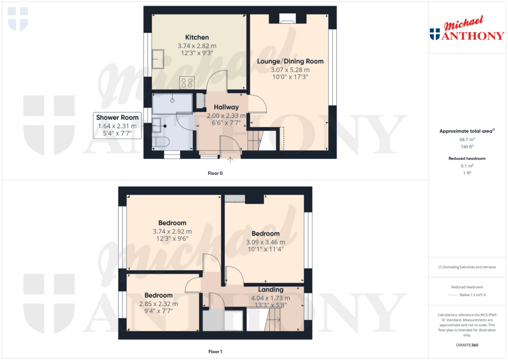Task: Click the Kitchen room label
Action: (197, 37)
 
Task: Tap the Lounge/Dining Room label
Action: (290, 61)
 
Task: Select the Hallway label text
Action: (226, 107)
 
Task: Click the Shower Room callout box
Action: (117, 126)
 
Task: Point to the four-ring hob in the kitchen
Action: (187, 82)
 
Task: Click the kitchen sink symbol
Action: (158, 59)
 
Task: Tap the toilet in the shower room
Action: (161, 142)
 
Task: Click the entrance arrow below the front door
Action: (230, 159)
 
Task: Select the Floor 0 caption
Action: (215, 173)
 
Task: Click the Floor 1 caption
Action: (215, 352)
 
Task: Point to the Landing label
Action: (270, 289)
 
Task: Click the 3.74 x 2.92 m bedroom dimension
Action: (172, 231)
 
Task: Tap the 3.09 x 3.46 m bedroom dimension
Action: (266, 242)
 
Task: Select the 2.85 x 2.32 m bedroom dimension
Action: (158, 304)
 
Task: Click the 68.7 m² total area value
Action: (467, 140)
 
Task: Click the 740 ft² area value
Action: (467, 146)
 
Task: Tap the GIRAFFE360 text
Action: (467, 345)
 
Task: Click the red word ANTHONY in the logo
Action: (473, 35)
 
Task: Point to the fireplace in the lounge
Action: (287, 18)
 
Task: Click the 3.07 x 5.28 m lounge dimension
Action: (290, 70)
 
